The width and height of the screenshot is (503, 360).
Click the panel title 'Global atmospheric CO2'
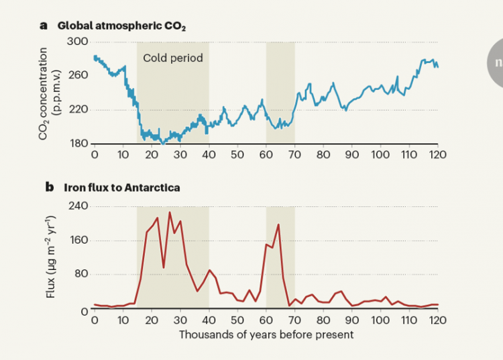121,26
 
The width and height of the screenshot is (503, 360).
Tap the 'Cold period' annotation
173,58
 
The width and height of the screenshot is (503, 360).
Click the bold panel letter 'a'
44,26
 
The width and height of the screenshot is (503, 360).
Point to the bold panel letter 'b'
48,188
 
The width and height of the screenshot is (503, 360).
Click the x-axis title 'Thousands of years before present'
266,333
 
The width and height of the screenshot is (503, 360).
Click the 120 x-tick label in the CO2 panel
437,154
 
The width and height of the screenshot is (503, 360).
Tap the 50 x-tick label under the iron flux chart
237,320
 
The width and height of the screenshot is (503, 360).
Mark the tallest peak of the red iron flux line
169,212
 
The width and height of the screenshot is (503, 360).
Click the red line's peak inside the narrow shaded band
278,224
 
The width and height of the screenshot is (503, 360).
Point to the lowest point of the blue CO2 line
163,143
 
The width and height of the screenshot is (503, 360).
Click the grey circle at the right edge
496,62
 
